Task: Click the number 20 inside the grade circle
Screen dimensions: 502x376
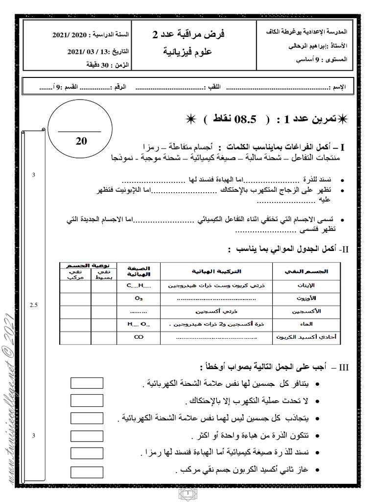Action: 81,141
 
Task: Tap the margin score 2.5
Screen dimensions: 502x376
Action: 34,305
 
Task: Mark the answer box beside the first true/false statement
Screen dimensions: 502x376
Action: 83,383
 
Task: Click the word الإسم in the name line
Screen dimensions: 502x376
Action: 338,87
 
